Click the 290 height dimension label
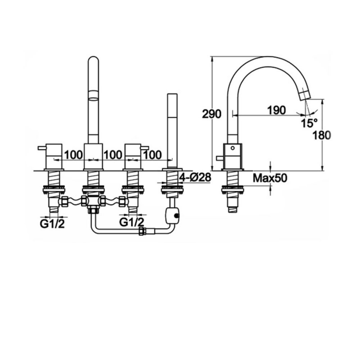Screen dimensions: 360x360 tap(211, 114)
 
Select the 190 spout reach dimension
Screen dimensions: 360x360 tap(276, 110)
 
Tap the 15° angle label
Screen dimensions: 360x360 tap(309, 123)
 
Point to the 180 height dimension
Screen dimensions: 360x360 tap(321, 135)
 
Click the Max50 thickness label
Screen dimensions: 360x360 tap(270, 178)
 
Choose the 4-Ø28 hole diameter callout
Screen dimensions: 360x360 tap(195, 177)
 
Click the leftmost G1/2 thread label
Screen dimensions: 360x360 tap(52, 224)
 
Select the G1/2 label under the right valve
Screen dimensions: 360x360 tap(132, 222)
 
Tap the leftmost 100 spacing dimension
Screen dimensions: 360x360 tap(73, 155)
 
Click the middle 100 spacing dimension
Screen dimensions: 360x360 tap(112, 155)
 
